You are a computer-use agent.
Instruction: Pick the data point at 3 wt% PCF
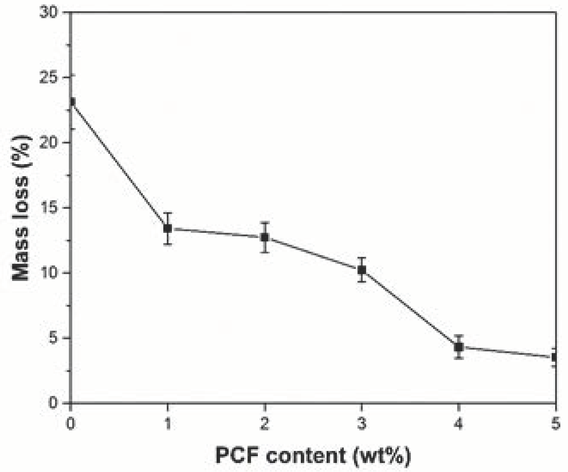(x=362, y=270)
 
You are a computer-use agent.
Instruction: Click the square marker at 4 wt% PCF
(x=459, y=347)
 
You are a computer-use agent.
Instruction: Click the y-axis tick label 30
(x=49, y=13)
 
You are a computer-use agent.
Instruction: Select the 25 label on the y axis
(x=49, y=78)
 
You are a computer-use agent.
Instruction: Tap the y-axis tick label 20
(x=49, y=143)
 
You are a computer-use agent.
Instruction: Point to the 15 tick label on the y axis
(x=49, y=208)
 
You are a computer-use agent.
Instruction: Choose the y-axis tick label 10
(x=49, y=273)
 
